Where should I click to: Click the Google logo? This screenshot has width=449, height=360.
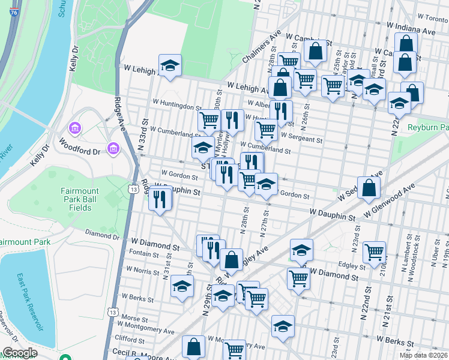click(x=20, y=353)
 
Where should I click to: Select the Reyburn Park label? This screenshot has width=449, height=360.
click(x=429, y=128)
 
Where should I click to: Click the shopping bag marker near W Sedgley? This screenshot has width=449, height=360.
click(x=370, y=188)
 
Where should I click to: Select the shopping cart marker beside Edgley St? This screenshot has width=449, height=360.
click(x=374, y=251)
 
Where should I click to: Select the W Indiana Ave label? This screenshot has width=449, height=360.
click(x=412, y=31)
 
